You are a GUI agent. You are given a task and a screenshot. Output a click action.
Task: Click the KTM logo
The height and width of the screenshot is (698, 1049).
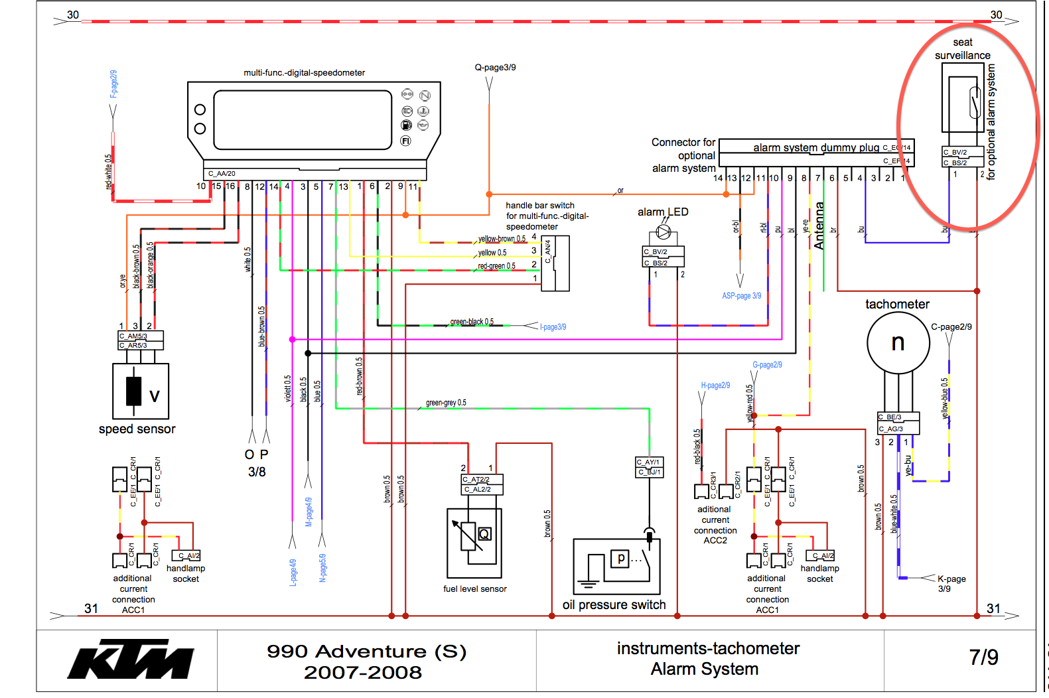(x=131, y=660)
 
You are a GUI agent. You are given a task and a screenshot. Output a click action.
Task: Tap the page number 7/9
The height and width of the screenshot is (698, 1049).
(x=983, y=657)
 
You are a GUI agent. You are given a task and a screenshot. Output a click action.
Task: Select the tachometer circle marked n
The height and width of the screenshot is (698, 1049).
(x=898, y=342)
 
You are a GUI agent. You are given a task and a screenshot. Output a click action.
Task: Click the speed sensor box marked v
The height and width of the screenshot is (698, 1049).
(x=141, y=391)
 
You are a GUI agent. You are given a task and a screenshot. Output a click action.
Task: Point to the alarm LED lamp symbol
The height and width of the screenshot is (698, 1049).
(x=664, y=232)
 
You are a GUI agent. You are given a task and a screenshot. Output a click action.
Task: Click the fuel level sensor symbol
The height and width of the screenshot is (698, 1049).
(x=474, y=543)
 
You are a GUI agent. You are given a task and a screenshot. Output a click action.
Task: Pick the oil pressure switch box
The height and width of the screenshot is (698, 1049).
(x=616, y=566)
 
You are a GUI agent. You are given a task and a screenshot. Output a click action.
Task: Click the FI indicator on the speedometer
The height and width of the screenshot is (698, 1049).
(x=406, y=141)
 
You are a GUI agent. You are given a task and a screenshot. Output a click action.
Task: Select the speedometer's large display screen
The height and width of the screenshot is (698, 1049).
(x=303, y=120)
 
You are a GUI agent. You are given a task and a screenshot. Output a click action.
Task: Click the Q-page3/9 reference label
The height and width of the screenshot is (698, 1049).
(x=495, y=68)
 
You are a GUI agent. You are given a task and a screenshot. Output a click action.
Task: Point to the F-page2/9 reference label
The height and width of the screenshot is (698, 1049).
(x=113, y=84)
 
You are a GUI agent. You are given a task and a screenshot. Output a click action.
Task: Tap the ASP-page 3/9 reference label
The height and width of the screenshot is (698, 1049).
(x=741, y=296)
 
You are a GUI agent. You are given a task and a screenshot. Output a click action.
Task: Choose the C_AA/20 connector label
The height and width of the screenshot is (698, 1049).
(x=222, y=174)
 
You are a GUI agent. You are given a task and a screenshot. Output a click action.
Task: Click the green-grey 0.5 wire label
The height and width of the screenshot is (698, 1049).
(x=446, y=403)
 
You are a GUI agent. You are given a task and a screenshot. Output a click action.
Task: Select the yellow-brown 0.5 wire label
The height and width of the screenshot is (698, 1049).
(x=502, y=239)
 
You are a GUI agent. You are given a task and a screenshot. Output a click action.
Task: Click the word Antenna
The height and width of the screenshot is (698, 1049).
(x=819, y=226)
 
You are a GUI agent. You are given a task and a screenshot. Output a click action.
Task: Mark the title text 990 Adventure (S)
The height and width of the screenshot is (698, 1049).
(x=366, y=652)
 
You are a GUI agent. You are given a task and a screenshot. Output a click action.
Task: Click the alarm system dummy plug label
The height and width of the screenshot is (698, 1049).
(x=815, y=147)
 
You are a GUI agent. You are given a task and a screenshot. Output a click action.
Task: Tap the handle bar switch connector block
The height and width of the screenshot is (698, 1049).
(x=555, y=263)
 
